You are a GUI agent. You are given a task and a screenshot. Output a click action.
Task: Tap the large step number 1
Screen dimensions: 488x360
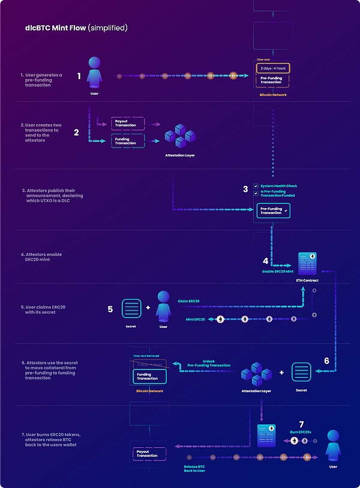coord(79,76)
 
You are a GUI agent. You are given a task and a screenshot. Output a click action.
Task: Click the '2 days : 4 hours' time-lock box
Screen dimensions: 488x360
coord(273,68)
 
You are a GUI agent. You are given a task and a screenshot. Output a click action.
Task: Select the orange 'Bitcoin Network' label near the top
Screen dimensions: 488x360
coord(273,95)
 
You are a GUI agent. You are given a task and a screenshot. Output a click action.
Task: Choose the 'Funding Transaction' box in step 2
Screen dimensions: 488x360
coord(128,141)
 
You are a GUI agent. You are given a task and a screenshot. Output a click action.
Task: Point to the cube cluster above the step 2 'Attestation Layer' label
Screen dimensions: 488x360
coord(180,137)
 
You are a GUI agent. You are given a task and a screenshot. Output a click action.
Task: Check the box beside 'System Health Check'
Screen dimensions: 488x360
coord(256,186)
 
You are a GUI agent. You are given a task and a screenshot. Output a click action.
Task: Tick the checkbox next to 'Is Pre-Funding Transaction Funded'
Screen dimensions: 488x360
coord(256,194)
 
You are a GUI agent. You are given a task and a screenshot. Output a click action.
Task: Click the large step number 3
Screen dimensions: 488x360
coord(245,189)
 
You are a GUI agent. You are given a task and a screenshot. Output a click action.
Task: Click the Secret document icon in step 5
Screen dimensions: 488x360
coord(131,309)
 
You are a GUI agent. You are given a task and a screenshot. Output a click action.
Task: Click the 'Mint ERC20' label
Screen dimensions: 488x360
coord(196,319)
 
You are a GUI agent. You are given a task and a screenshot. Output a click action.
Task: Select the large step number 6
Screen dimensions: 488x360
coord(326,361)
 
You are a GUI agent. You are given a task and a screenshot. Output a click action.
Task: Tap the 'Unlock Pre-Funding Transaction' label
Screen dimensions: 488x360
coord(208,363)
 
